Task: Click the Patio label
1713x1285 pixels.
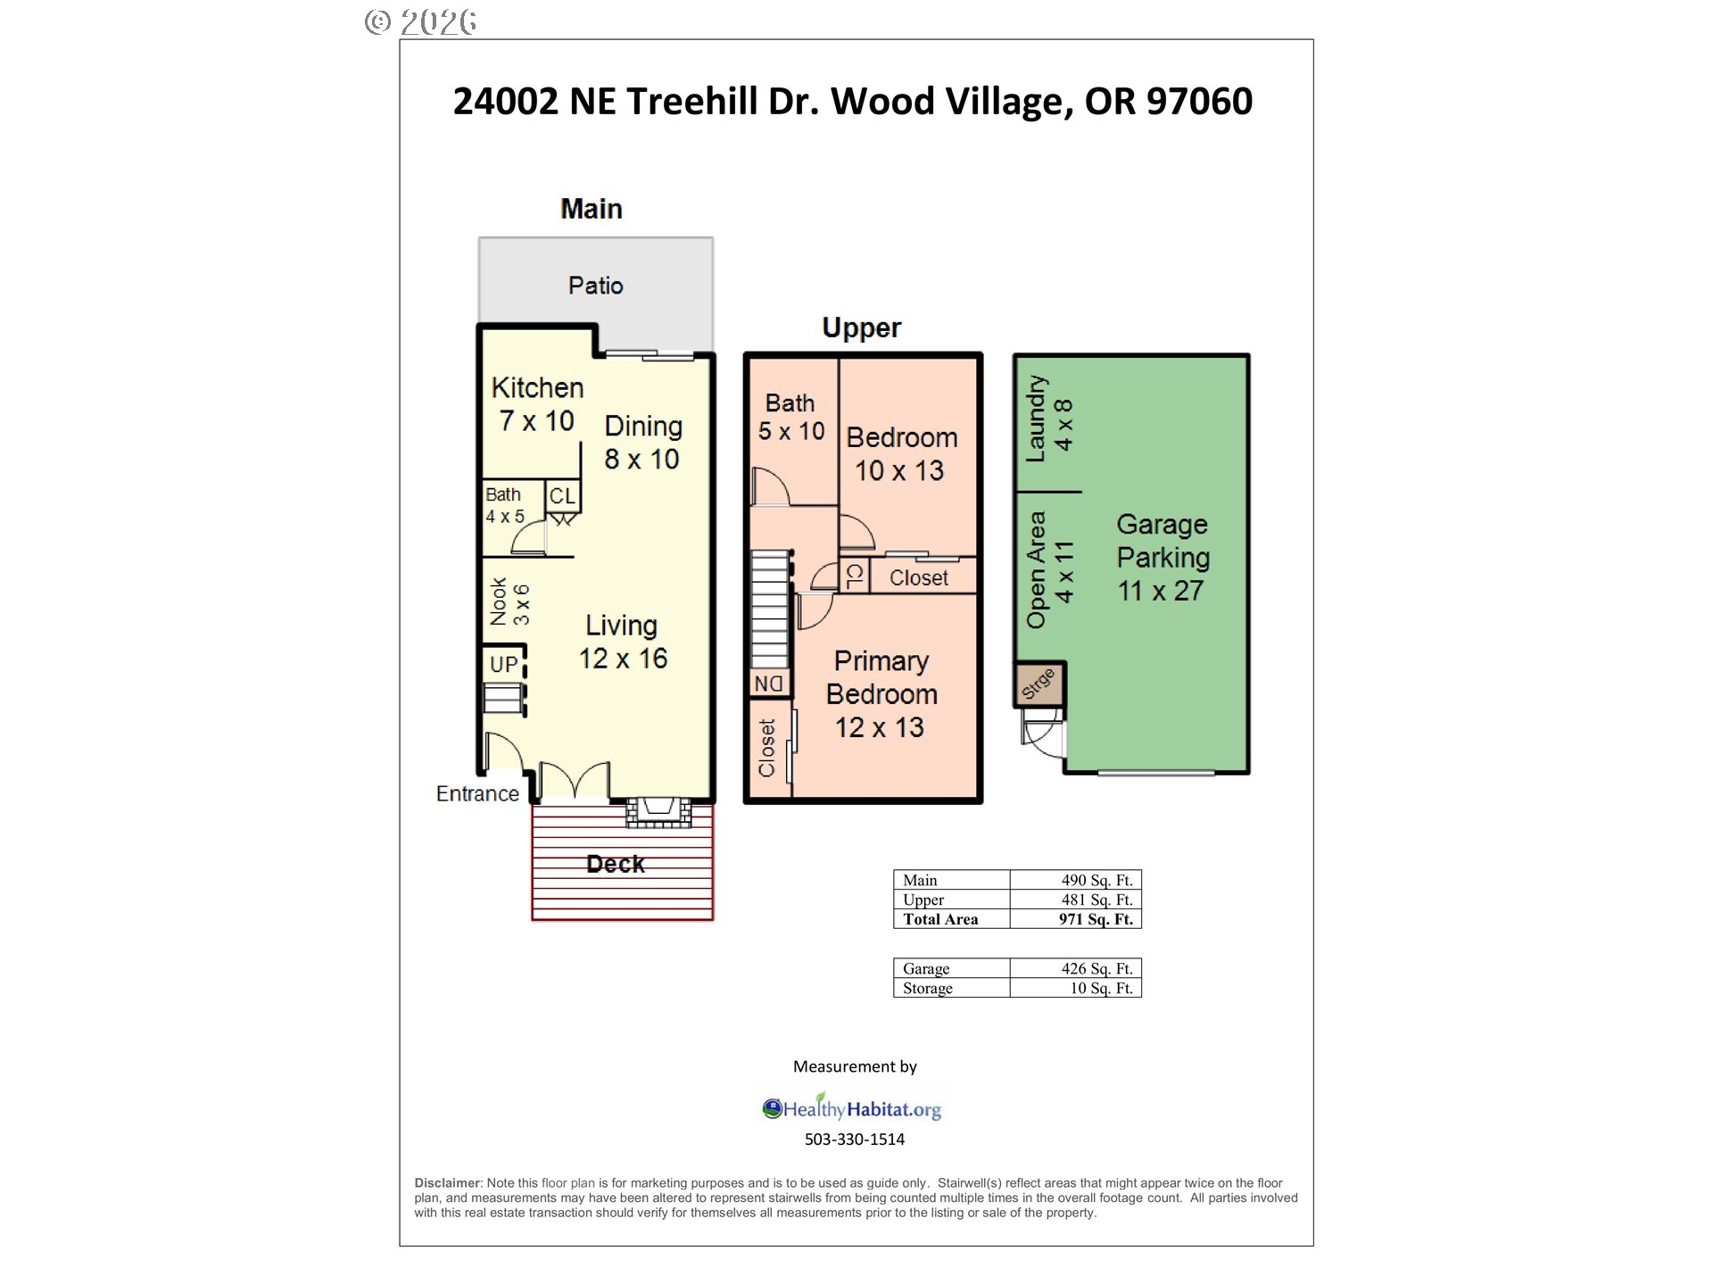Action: click(595, 286)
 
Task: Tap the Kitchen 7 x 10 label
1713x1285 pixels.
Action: click(537, 404)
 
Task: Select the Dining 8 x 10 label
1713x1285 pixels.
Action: click(643, 443)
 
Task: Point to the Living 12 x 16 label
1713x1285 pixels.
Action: click(623, 642)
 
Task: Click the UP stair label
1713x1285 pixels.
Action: click(503, 665)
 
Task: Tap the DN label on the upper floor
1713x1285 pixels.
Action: click(768, 684)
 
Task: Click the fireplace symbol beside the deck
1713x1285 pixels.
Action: click(658, 811)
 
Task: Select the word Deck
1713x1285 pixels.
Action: click(616, 864)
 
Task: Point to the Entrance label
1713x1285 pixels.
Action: click(477, 793)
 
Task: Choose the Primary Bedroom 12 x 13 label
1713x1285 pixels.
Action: click(881, 694)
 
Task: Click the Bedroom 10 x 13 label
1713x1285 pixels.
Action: click(901, 454)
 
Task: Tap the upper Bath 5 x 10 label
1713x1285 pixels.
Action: click(791, 418)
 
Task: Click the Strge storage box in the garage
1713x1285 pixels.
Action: click(1039, 684)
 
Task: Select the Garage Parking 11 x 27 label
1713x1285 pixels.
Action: click(1163, 558)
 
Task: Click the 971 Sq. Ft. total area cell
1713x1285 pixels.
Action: click(1096, 919)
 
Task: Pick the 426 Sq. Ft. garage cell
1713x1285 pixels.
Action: click(1096, 968)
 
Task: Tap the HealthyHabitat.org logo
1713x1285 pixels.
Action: click(852, 1108)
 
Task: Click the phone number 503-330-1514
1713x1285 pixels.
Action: click(855, 1140)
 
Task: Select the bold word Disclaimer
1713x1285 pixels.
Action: click(447, 1183)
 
